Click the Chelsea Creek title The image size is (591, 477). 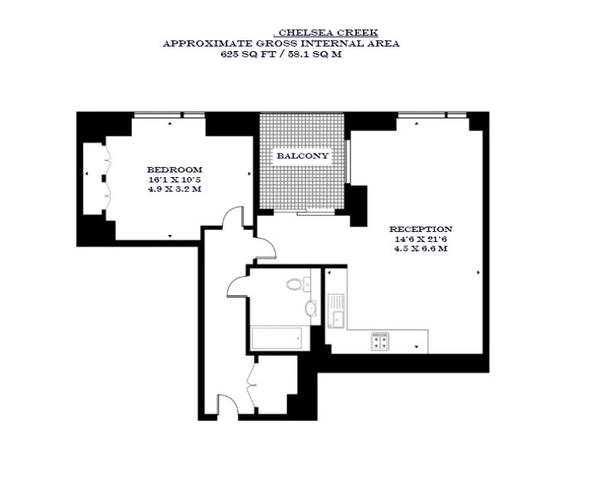click(328, 32)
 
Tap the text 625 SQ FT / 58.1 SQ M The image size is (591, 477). click(281, 54)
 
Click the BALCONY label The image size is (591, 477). click(303, 156)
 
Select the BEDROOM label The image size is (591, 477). click(175, 169)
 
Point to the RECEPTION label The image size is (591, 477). click(421, 229)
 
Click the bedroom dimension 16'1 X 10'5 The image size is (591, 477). click(175, 179)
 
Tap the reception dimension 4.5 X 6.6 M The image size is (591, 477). click(421, 249)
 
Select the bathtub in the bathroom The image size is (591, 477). click(276, 339)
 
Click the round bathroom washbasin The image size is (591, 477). click(311, 307)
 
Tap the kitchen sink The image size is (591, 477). click(336, 311)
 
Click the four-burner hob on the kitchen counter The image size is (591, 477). click(380, 341)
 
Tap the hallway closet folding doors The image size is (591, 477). click(252, 385)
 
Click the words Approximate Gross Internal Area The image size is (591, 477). click(281, 44)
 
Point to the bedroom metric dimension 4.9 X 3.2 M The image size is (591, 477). click(175, 189)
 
